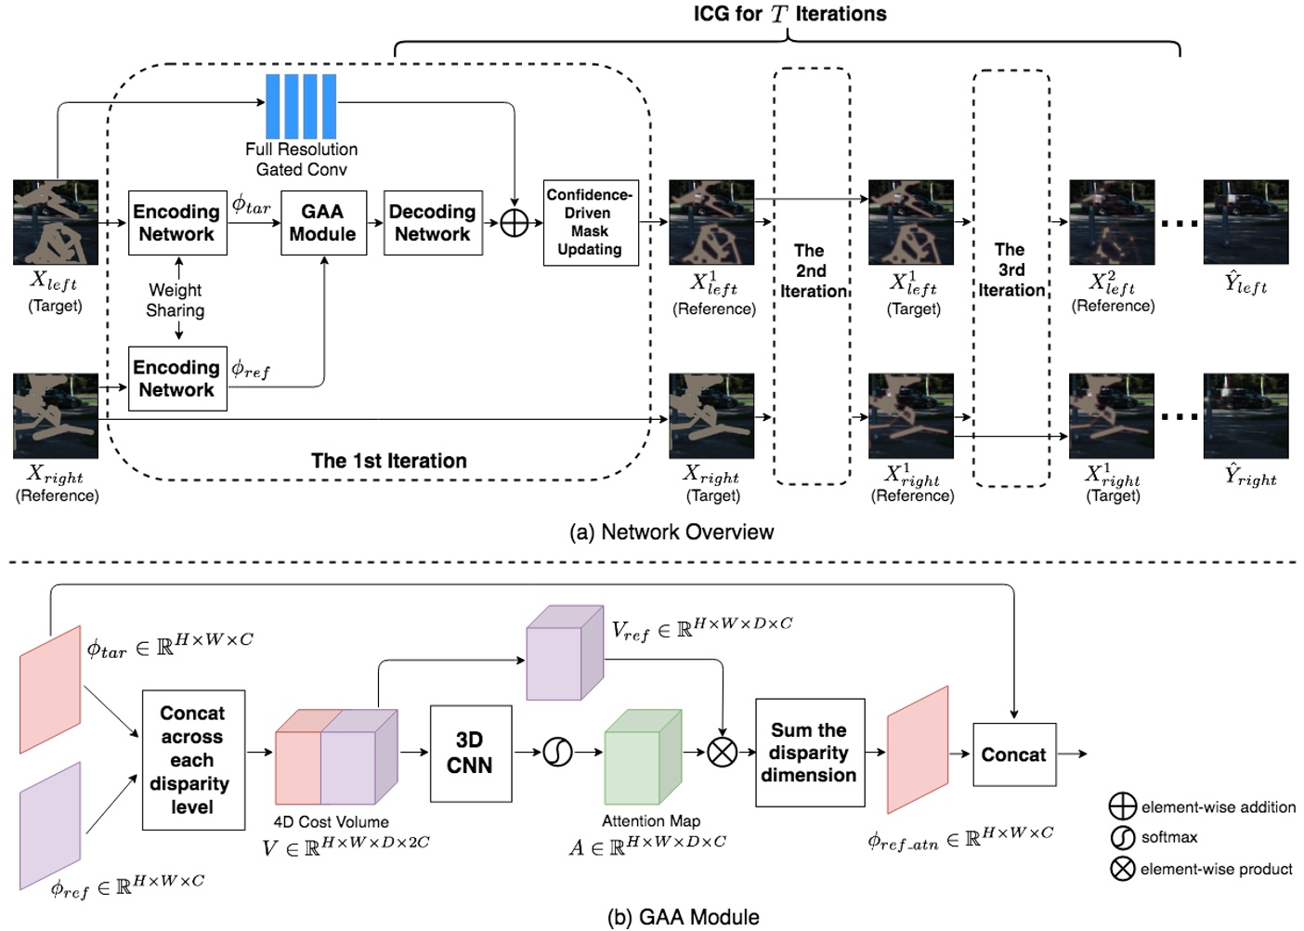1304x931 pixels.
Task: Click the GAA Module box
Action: click(323, 223)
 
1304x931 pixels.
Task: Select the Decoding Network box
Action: click(433, 223)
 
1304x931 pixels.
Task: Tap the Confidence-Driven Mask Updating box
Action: click(591, 223)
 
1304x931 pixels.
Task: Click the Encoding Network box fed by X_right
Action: click(177, 378)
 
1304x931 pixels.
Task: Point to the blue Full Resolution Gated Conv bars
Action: click(301, 107)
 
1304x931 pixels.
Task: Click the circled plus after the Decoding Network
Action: click(515, 223)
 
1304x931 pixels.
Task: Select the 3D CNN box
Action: click(471, 754)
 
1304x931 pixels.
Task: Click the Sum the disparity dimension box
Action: click(810, 753)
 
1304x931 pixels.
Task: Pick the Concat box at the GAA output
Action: click(1014, 754)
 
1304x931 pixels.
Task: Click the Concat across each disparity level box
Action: click(193, 760)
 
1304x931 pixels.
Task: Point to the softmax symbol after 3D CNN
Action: click(557, 752)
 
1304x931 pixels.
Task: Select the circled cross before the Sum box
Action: click(723, 752)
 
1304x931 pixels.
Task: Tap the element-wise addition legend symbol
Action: click(1123, 806)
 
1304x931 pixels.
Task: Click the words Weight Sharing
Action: click(176, 300)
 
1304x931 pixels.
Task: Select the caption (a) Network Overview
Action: click(672, 532)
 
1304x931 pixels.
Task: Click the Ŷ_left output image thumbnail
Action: click(1245, 222)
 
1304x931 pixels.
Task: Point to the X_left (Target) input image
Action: click(56, 222)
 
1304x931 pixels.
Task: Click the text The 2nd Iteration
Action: click(812, 270)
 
